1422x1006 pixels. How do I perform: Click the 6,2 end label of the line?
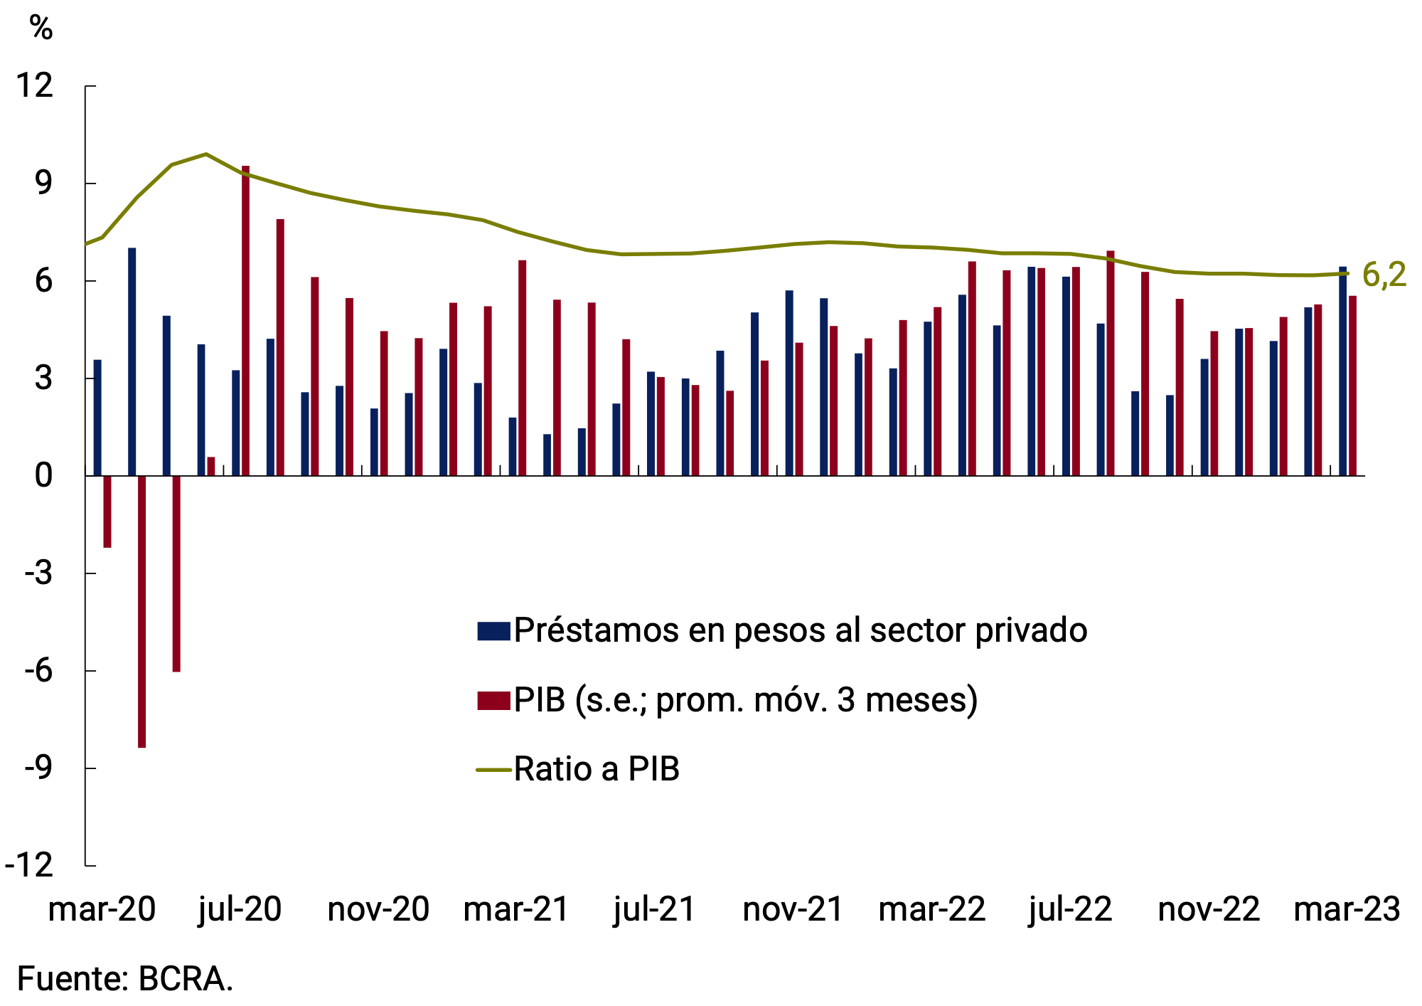click(1384, 275)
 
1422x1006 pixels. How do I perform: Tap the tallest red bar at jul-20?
click(245, 320)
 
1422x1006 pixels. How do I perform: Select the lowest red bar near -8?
click(141, 612)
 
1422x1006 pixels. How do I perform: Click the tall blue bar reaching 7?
click(132, 361)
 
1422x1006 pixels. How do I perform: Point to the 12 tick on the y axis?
click(35, 86)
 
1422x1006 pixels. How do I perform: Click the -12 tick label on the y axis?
click(29, 866)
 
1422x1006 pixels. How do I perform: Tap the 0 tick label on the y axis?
click(43, 475)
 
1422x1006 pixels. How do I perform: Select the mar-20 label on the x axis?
click(102, 910)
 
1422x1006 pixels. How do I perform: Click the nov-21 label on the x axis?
click(792, 910)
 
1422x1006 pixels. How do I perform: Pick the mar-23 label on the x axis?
click(1347, 910)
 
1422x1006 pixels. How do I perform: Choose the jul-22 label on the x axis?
click(1069, 910)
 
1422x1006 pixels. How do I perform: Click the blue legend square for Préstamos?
click(493, 631)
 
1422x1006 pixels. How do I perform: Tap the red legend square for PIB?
click(493, 700)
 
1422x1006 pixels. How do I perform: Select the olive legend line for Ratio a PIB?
click(493, 770)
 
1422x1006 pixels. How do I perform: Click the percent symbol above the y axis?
click(41, 28)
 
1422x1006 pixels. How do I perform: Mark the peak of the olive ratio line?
click(205, 154)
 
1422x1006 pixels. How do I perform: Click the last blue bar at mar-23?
click(1342, 371)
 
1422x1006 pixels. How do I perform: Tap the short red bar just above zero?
click(210, 466)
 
